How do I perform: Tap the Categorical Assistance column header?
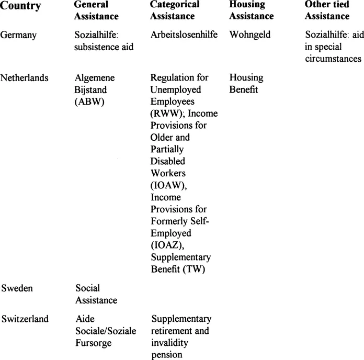(x=175, y=10)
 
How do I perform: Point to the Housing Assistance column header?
(x=252, y=10)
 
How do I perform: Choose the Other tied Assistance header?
(x=327, y=10)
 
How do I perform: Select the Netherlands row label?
(x=25, y=78)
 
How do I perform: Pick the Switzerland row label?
(x=25, y=319)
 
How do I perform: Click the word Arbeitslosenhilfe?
(x=184, y=36)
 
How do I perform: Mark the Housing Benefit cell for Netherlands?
(x=246, y=84)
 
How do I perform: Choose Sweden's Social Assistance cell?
(x=97, y=294)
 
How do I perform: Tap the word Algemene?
(x=95, y=78)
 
